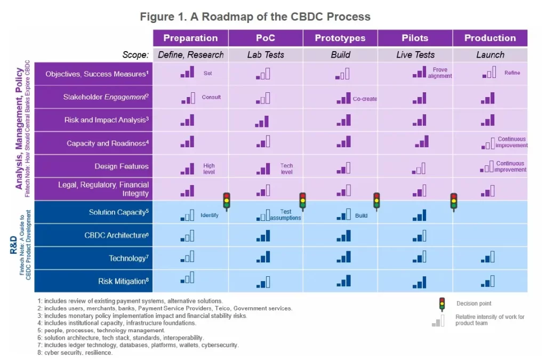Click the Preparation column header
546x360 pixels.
[x=190, y=38]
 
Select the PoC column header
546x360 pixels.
[x=266, y=38]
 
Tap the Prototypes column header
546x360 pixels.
[x=340, y=38]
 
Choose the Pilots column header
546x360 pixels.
[x=415, y=38]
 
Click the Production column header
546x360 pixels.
[x=490, y=38]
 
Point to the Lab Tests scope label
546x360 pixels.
[x=266, y=54]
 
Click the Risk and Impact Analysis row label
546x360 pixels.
[x=106, y=120]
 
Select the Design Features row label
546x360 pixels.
[x=122, y=166]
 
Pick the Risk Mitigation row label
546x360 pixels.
[x=123, y=281]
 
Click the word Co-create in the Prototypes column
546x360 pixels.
[x=365, y=99]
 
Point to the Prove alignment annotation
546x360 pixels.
[x=440, y=73]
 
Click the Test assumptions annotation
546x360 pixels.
[x=285, y=215]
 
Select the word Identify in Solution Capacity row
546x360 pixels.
[x=210, y=215]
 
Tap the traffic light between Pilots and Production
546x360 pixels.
[x=454, y=202]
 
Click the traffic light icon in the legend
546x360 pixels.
[x=441, y=304]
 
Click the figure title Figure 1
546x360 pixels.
[x=255, y=17]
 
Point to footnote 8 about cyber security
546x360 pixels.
[x=75, y=353]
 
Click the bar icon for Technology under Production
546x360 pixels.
[x=488, y=258]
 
